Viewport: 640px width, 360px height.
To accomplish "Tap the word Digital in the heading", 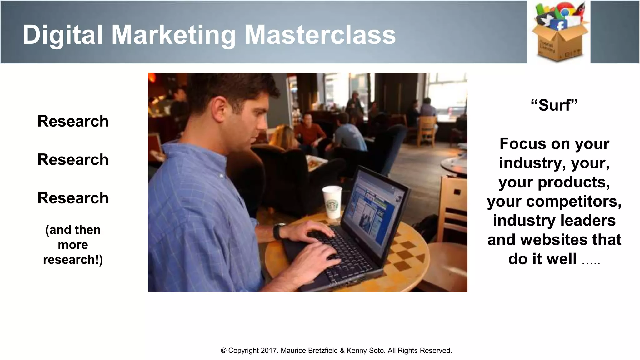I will [62, 35].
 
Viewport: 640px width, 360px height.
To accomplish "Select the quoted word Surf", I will [554, 105].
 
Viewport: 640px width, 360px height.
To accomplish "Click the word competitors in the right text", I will [574, 202].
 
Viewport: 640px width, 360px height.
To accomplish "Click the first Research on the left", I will [73, 121].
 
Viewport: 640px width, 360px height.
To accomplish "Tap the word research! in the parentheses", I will [73, 259].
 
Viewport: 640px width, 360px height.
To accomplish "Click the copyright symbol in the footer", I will [224, 351].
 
